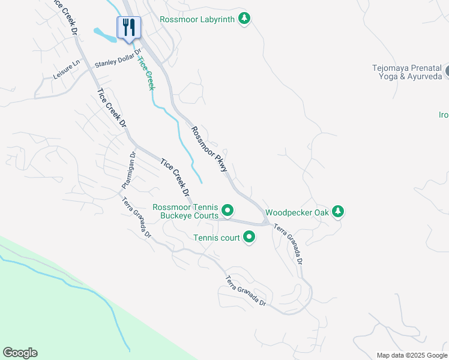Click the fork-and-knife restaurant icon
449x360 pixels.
[x=128, y=27]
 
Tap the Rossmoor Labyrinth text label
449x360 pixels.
[x=197, y=19]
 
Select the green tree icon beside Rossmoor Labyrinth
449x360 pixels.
[x=244, y=19]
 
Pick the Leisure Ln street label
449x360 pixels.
[x=66, y=71]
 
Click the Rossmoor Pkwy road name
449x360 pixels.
[x=209, y=149]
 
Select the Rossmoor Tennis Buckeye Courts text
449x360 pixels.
[x=185, y=211]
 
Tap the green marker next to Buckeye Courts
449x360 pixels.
[x=228, y=211]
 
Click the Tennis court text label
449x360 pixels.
[x=216, y=238]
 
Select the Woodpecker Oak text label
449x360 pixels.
[x=297, y=212]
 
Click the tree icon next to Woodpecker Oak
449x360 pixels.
[x=339, y=212]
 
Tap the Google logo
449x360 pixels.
[x=20, y=353]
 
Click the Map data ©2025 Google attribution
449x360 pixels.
[x=411, y=355]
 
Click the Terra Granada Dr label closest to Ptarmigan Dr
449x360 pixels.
[x=137, y=217]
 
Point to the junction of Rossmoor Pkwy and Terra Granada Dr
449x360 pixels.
[x=266, y=223]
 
